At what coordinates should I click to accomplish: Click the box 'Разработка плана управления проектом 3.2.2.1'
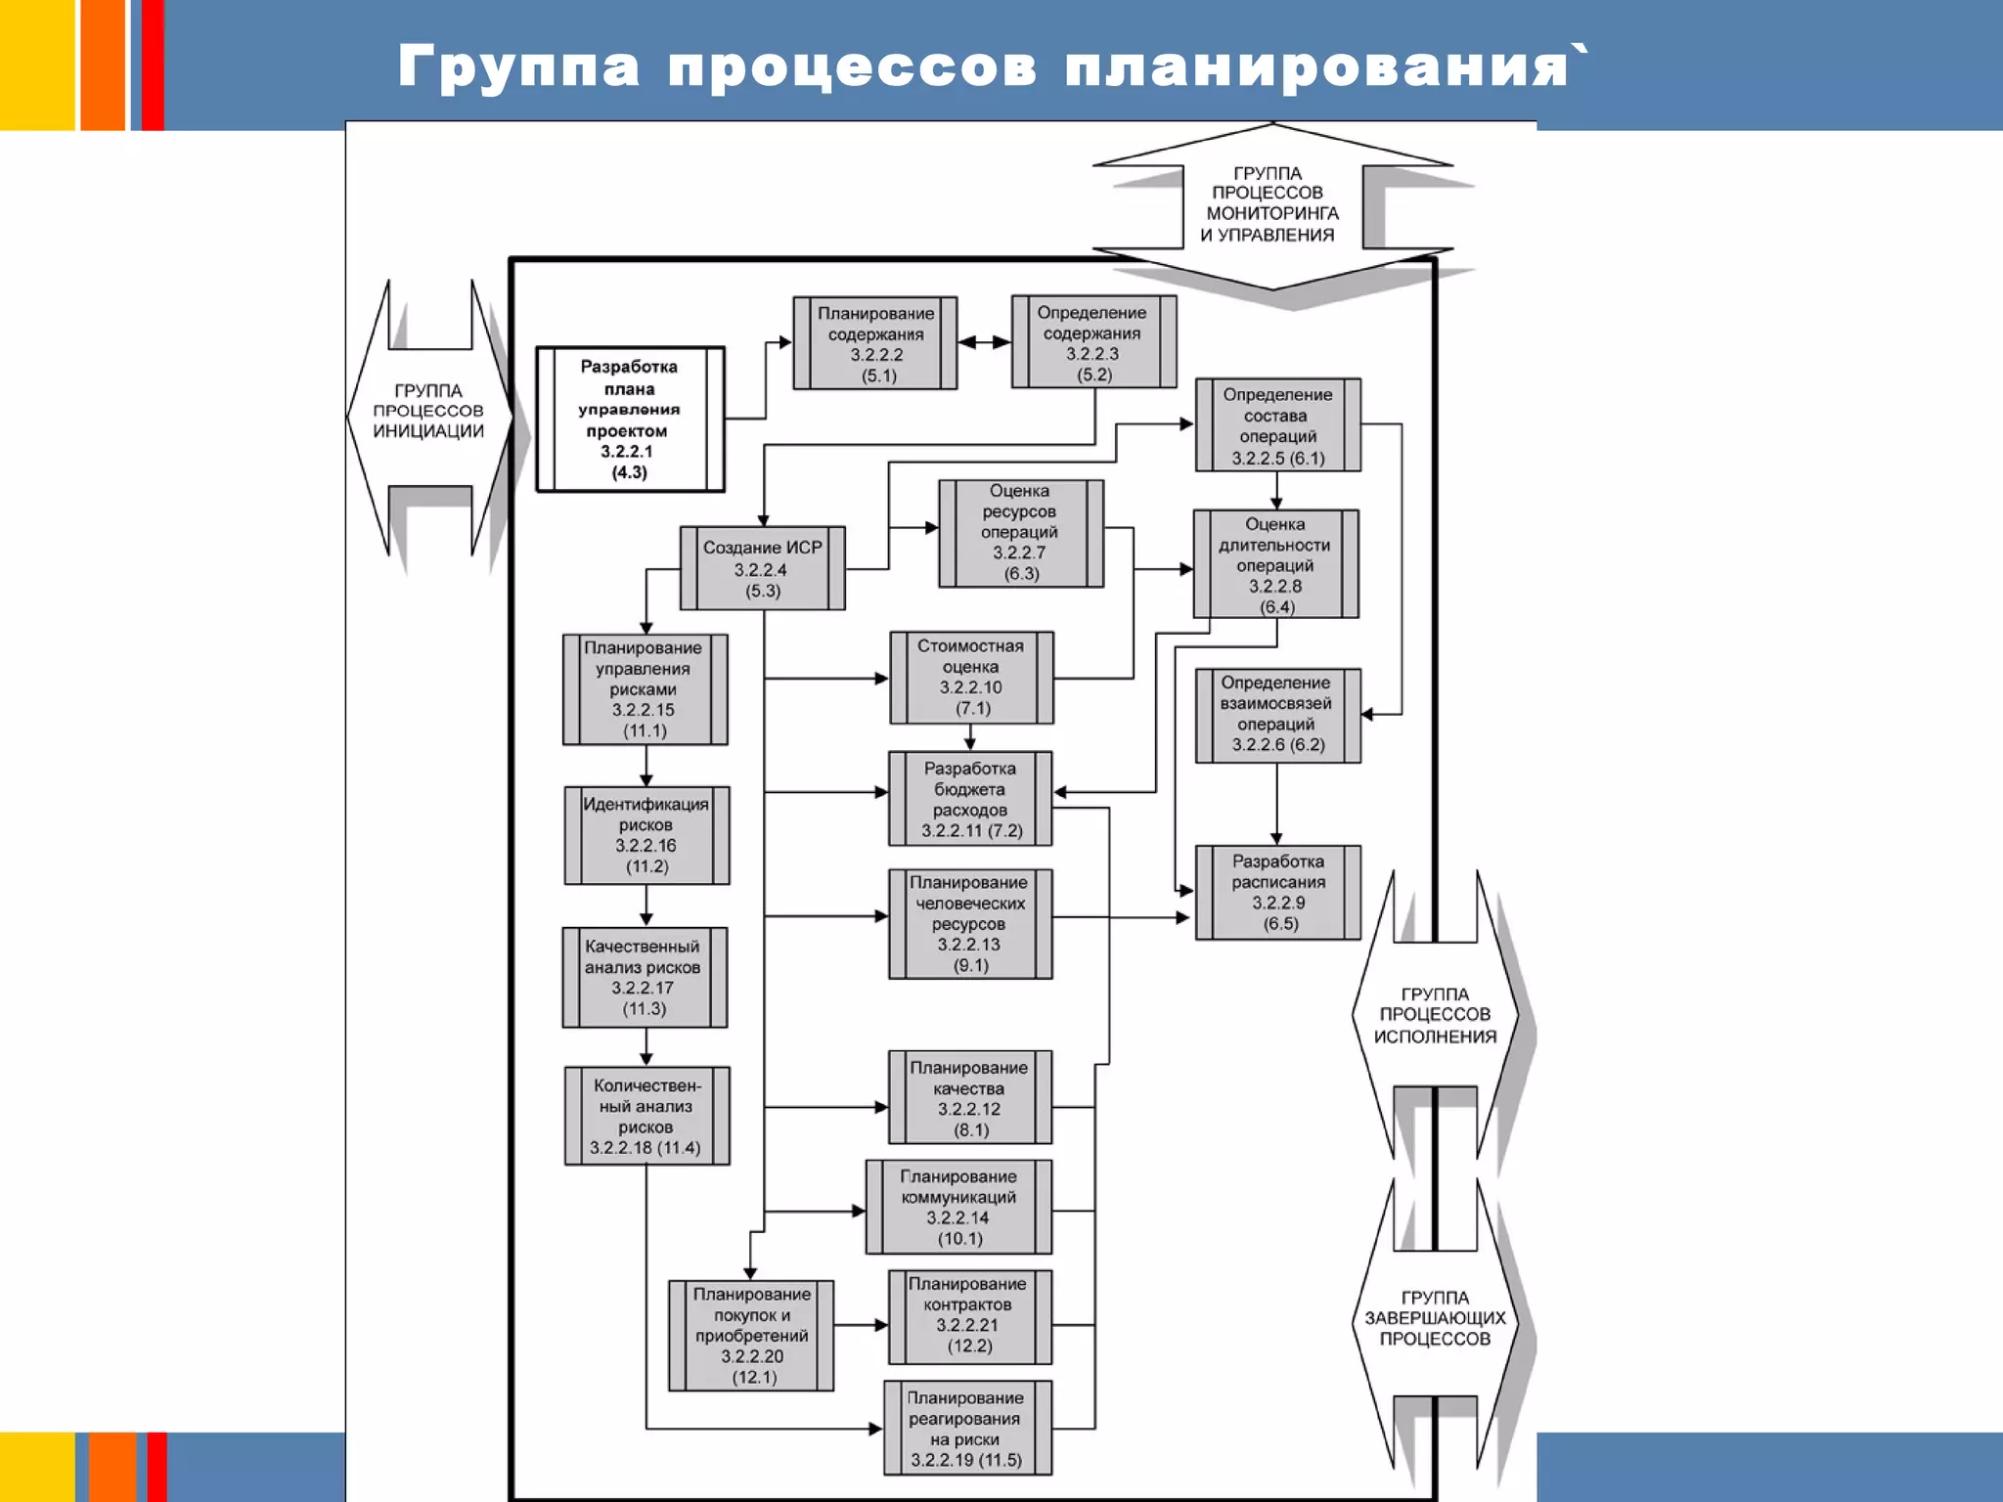click(630, 419)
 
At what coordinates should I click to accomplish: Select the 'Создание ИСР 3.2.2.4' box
click(762, 568)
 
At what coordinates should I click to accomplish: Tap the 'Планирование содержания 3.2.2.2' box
click(875, 343)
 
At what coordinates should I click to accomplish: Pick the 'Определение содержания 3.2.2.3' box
click(1093, 342)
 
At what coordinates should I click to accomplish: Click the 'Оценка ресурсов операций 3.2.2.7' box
click(1021, 533)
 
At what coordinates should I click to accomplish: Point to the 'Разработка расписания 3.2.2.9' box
click(1277, 892)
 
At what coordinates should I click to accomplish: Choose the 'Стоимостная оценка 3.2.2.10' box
click(971, 677)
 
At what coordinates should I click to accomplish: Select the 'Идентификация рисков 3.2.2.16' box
click(646, 835)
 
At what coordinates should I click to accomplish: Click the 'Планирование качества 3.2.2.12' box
click(969, 1097)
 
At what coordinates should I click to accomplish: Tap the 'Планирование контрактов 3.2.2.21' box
click(969, 1316)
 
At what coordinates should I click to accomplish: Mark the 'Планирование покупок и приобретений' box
click(751, 1335)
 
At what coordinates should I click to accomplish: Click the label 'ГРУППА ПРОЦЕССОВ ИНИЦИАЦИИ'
click(428, 411)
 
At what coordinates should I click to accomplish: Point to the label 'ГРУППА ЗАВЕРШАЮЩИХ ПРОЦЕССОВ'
click(1435, 1318)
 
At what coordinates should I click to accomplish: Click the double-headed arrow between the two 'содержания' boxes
click(984, 342)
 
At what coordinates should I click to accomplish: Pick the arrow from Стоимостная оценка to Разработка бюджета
click(970, 737)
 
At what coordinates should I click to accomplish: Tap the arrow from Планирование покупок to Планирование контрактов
click(861, 1325)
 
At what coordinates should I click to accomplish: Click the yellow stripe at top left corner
click(36, 65)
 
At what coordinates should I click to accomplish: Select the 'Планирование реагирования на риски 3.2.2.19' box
click(967, 1428)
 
